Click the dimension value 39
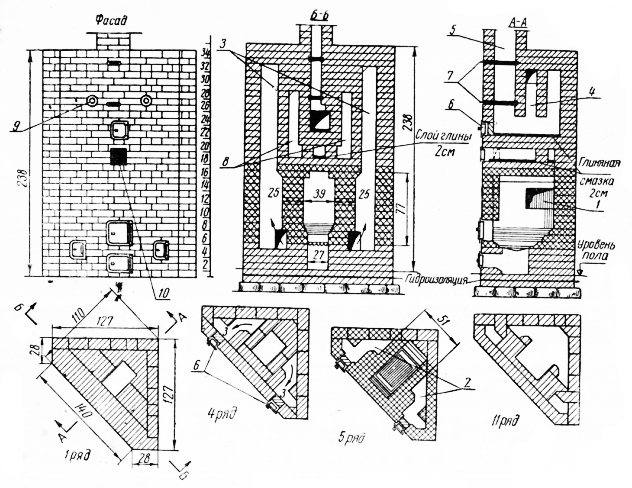click(319, 190)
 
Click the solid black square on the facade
click(118, 156)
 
